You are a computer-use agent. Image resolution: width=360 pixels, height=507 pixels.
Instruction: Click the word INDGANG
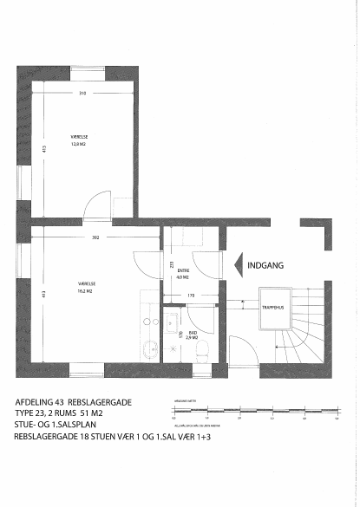click(x=266, y=265)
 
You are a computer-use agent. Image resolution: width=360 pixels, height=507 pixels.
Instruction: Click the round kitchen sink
click(x=151, y=348)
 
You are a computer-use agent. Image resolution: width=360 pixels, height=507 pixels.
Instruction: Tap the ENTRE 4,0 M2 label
click(x=182, y=275)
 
